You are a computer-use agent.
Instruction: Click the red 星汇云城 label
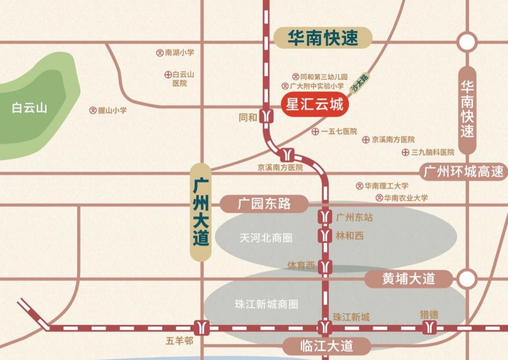[x=314, y=105]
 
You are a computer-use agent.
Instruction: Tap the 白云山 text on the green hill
[x=29, y=108]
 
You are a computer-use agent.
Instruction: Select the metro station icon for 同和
[x=266, y=116]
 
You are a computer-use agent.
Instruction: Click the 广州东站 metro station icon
[x=325, y=217]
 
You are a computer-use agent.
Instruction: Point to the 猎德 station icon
[x=429, y=327]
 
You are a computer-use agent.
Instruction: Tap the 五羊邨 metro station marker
[x=201, y=328]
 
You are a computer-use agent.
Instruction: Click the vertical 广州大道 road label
[x=200, y=212]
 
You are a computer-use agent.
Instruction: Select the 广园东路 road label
[x=264, y=204]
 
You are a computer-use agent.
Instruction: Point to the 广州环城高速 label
[x=463, y=172]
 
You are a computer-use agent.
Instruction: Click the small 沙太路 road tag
[x=360, y=83]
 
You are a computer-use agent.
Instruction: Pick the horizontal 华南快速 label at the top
[x=323, y=38]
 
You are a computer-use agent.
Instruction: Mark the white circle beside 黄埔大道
[x=467, y=279]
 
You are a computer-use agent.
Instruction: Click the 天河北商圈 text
[x=266, y=238]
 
